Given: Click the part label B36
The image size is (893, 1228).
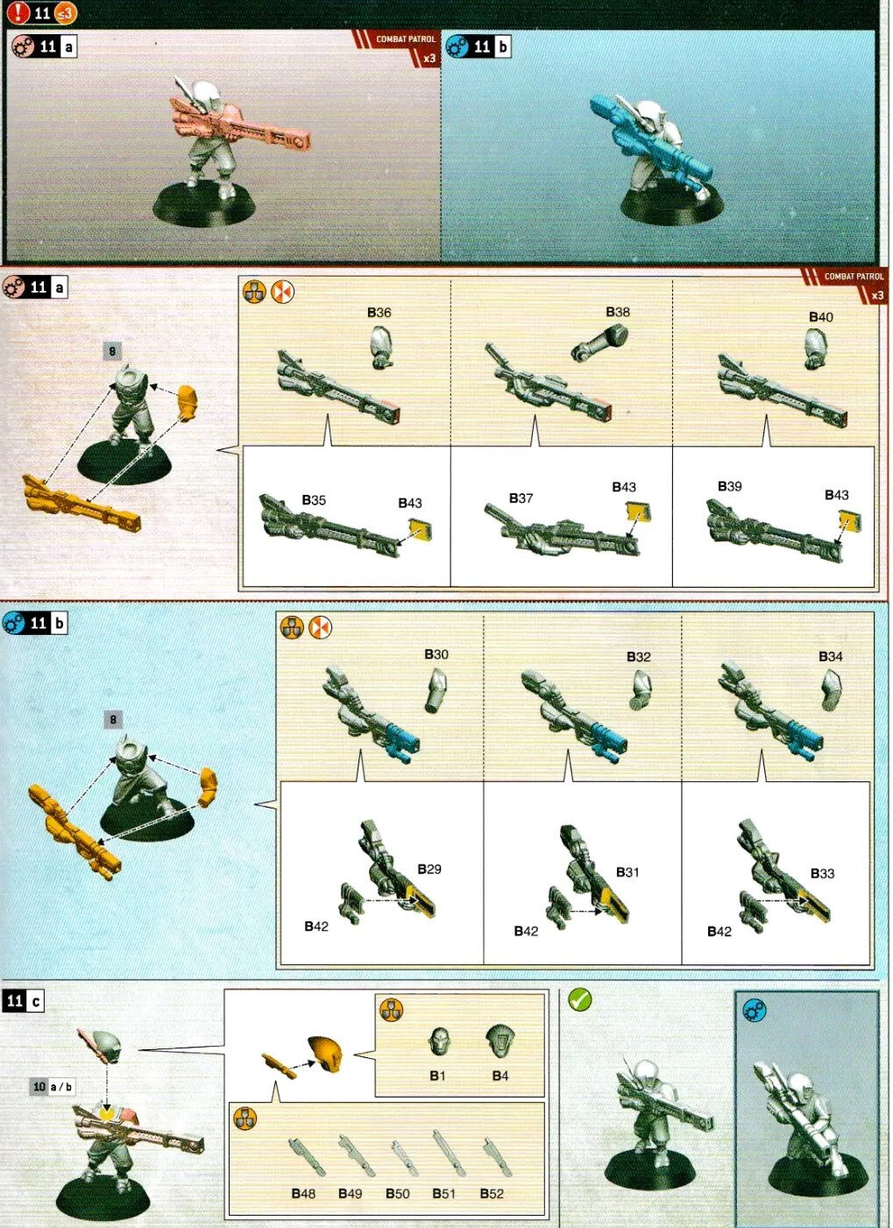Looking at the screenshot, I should [379, 313].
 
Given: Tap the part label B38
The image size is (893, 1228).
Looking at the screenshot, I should [617, 312].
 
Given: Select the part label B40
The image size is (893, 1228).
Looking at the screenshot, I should [820, 317].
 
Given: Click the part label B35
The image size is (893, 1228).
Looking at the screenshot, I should [313, 500].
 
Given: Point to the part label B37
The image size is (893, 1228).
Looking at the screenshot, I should [521, 498].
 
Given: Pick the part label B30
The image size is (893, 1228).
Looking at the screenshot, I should [436, 654].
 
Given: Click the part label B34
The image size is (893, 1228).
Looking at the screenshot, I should [830, 657].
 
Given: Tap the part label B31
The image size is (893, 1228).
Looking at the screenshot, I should [627, 872].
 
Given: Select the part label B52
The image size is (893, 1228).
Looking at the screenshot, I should [492, 1194].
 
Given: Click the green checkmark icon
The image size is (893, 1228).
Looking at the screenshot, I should [579, 999].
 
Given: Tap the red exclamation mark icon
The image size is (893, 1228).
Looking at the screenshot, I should [18, 13].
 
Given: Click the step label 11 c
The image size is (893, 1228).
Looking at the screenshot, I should [24, 1001].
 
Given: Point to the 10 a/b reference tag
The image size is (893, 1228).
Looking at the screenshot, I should [53, 1087].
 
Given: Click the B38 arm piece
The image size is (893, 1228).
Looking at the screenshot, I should [600, 342].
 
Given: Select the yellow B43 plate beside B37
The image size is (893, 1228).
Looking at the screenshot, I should [637, 512].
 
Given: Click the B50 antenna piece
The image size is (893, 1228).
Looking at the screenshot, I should [401, 1158].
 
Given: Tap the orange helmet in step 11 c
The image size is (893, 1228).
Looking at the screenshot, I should [323, 1053].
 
